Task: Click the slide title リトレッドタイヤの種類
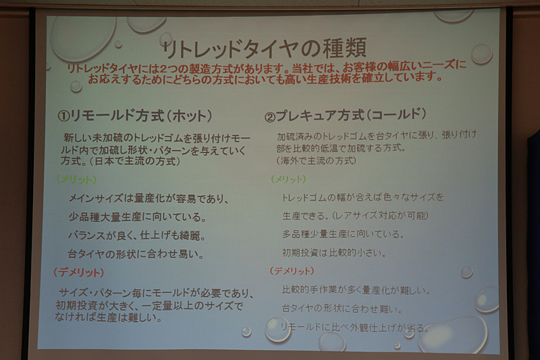pos(263,48)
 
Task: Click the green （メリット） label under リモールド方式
pos(76,180)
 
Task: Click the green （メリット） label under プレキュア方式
pos(288,180)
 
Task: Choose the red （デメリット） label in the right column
pos(292,271)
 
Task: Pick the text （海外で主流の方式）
pos(317,161)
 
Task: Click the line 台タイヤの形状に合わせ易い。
pos(136,255)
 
